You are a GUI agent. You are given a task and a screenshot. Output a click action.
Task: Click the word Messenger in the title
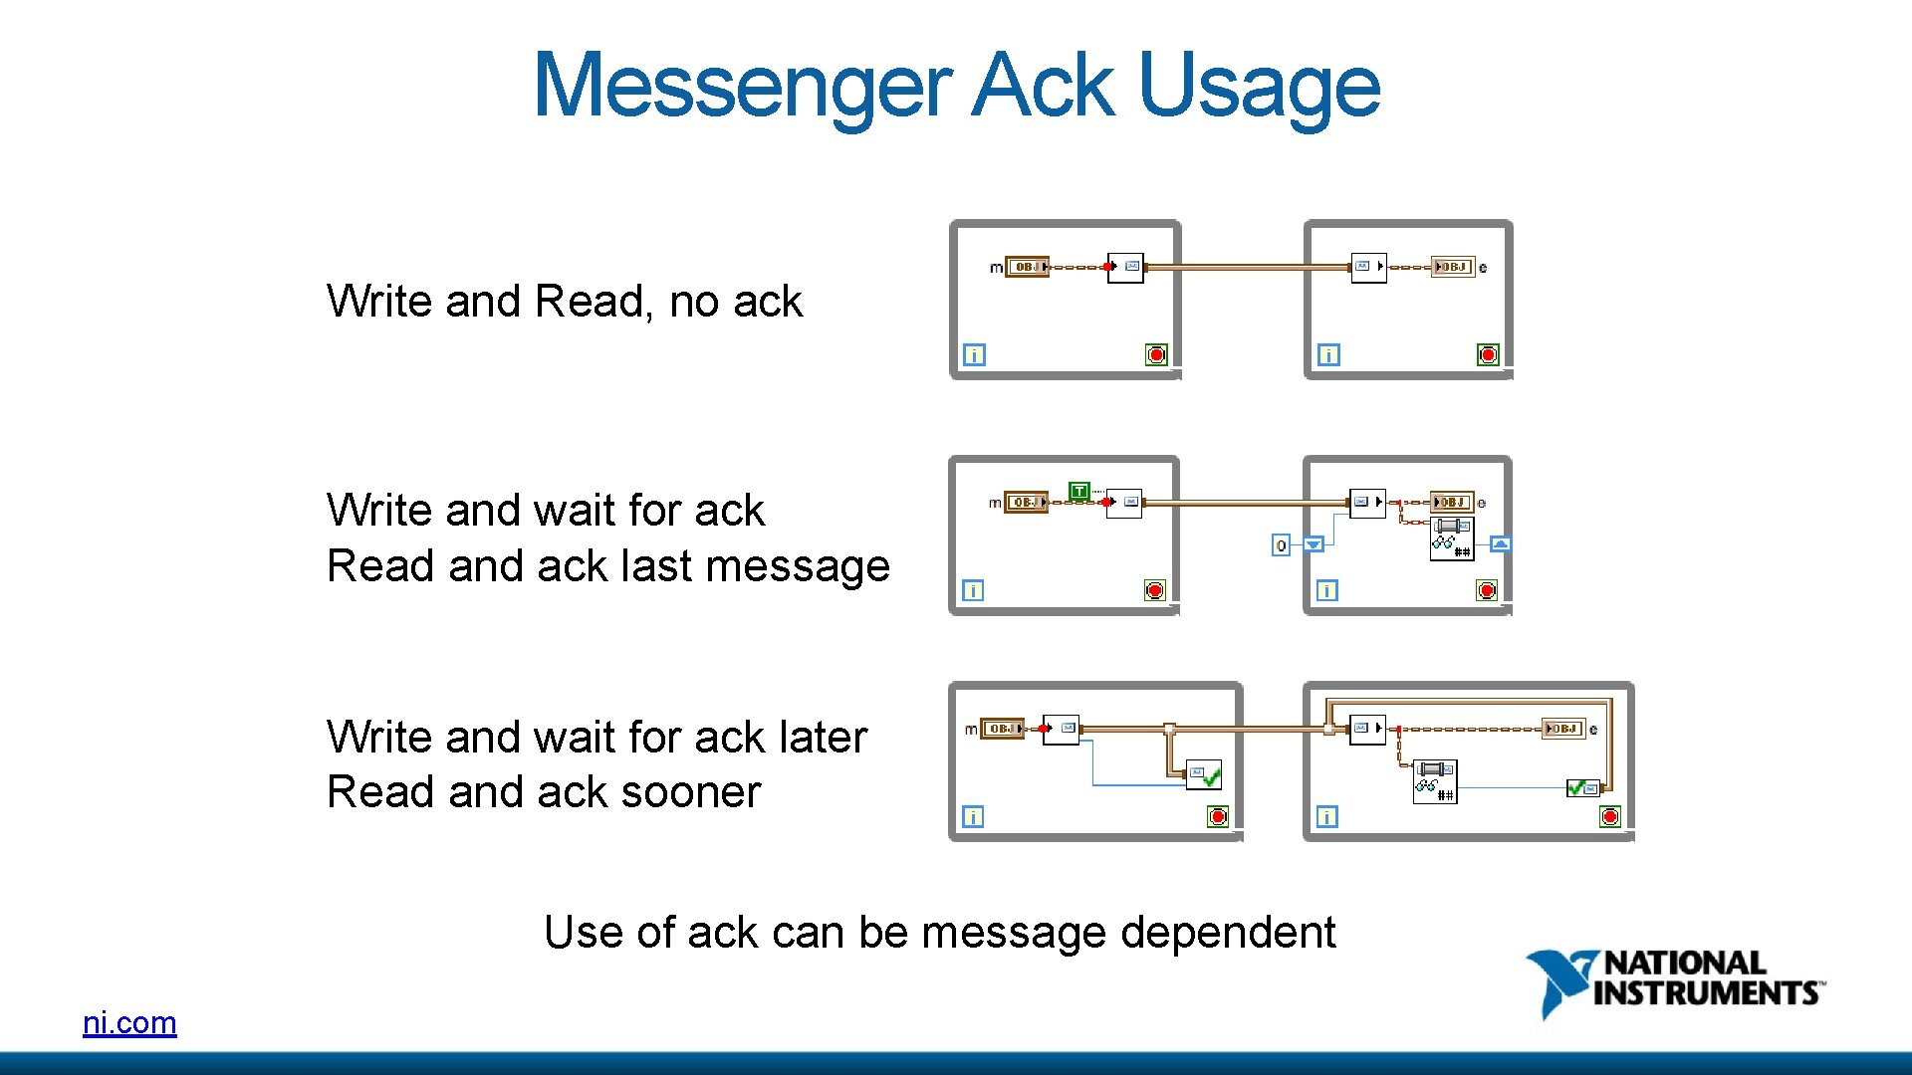742,86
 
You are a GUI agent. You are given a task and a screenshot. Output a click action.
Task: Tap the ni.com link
129,1022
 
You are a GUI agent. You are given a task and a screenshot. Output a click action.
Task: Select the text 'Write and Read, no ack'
564,301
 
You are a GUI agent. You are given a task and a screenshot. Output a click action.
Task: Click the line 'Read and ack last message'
607,565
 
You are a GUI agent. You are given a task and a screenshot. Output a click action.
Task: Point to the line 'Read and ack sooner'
543,791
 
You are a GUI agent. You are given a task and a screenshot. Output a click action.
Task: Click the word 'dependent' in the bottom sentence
1228,932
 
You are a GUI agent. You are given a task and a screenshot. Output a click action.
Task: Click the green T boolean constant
1078,491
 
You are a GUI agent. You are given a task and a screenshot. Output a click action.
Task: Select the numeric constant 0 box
1282,544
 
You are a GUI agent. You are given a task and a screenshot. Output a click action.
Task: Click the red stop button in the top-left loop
1156,354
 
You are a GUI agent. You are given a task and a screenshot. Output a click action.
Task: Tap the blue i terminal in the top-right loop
1328,354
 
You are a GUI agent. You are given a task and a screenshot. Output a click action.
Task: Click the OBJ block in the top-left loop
1027,267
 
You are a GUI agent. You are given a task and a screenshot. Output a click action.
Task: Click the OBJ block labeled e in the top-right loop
1453,267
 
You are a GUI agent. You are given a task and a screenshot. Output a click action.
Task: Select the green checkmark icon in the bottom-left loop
1204,775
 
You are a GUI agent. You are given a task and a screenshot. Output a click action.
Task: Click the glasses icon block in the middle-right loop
1451,538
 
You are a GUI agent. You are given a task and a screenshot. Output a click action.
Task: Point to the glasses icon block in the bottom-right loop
1435,781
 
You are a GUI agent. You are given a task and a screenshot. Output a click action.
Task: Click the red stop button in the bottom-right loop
1610,817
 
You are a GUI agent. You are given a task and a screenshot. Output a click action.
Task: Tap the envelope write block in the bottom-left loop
1061,729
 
